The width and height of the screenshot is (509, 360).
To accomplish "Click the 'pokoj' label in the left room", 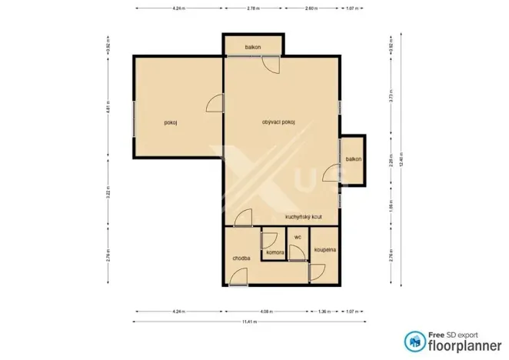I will click(171, 122).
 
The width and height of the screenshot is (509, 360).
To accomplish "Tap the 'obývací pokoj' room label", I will click(278, 122).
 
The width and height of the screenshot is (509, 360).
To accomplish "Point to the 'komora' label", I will click(274, 252).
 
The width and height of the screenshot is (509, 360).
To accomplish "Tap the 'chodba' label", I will click(241, 258).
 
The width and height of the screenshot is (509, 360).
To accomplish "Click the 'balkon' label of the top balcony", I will click(253, 47).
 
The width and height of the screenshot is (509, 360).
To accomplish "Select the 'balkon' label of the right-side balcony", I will click(353, 159).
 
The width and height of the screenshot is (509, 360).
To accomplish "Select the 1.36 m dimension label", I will click(324, 312).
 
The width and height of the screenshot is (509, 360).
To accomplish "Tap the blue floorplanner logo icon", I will click(414, 339).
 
